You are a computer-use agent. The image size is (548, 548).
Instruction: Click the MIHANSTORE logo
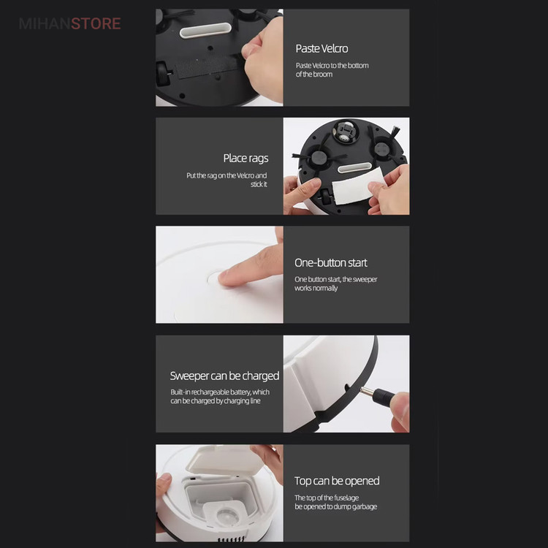(70, 24)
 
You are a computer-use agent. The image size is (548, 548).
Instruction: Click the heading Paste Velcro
(321, 48)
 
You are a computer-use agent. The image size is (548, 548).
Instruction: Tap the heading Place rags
(246, 159)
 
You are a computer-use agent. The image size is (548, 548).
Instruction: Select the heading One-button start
(330, 262)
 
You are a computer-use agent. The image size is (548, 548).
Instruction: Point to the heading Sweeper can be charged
(224, 376)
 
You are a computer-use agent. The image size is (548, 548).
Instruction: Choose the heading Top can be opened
(337, 481)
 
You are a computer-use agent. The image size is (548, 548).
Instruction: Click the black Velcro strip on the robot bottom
(209, 66)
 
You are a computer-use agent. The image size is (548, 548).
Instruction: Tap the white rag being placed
(357, 189)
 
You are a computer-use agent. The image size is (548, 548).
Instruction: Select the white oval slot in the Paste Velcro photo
(205, 31)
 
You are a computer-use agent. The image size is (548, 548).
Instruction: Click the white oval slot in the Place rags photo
(354, 167)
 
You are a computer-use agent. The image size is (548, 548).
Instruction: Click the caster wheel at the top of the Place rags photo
(345, 132)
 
